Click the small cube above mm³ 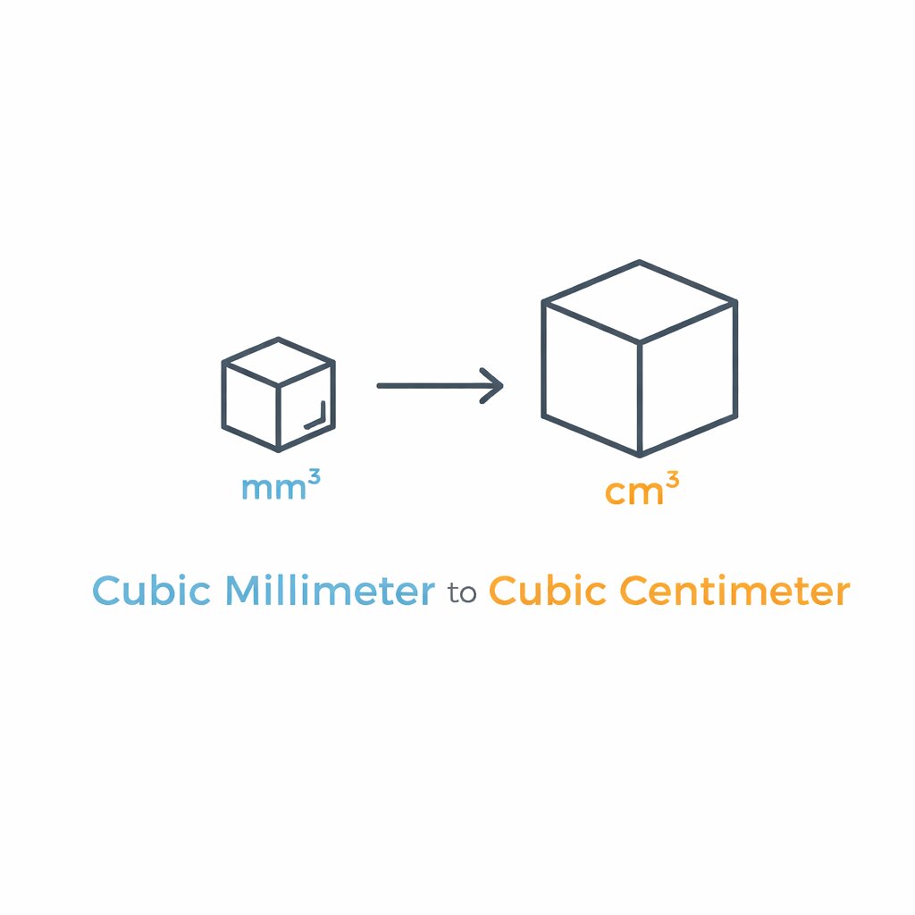click(279, 394)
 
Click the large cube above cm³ click(640, 358)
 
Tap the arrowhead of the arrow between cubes click(491, 386)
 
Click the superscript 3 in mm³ click(314, 479)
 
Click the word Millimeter click(331, 590)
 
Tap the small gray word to click(462, 593)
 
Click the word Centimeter click(735, 590)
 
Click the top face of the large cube click(640, 301)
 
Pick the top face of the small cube click(279, 361)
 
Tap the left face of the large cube click(592, 379)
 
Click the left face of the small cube click(251, 407)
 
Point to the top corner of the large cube click(640, 262)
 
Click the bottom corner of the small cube click(279, 450)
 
